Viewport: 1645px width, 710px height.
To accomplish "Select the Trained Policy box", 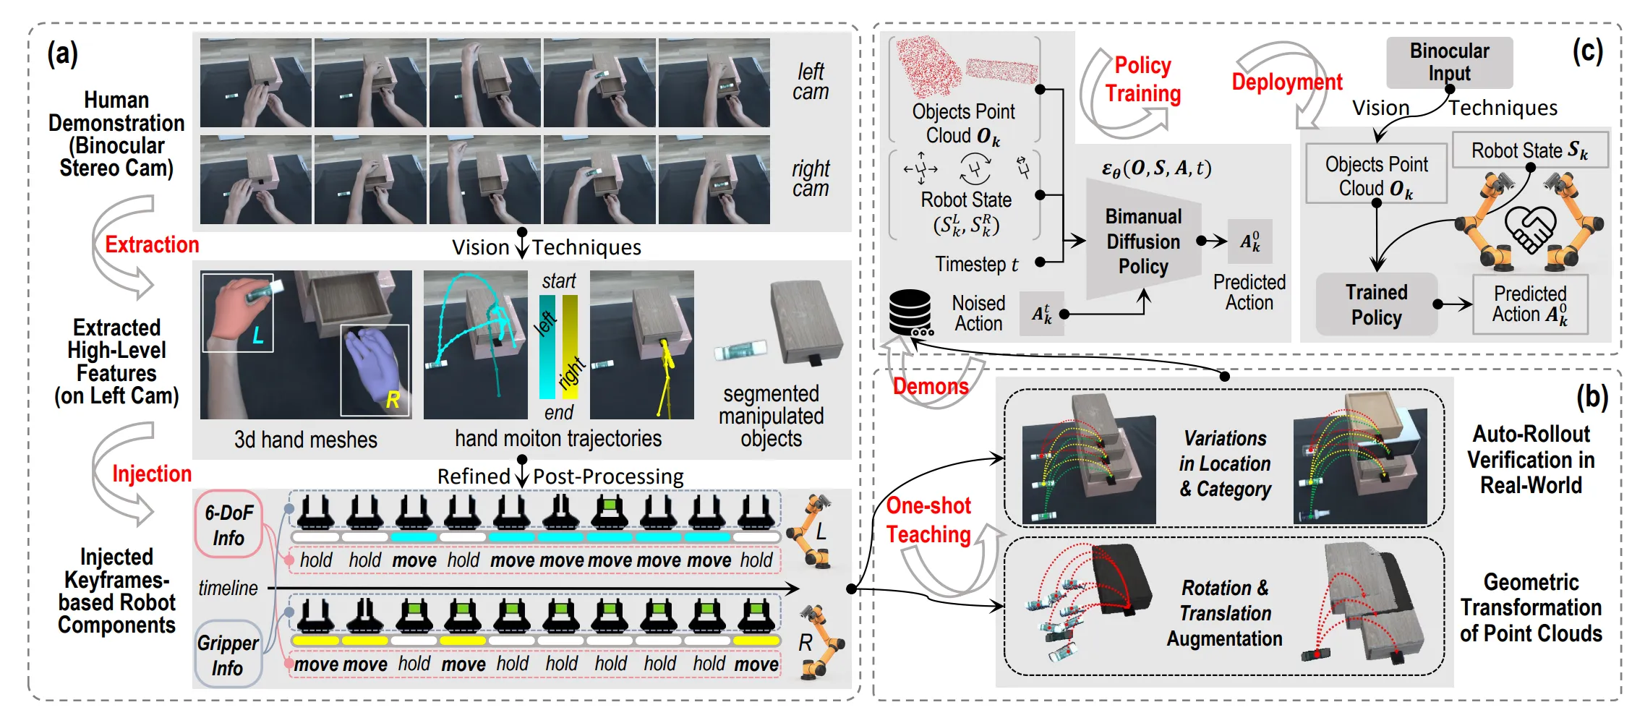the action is point(1376,304).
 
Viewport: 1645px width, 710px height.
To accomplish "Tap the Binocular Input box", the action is point(1449,62).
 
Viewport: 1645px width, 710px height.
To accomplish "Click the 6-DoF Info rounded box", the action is point(228,525).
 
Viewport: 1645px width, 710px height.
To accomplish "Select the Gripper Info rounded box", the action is point(228,654).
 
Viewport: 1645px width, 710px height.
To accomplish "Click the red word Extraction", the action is point(152,244).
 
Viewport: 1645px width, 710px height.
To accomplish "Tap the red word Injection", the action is point(152,474).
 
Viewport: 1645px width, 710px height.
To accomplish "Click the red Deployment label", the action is point(1287,82).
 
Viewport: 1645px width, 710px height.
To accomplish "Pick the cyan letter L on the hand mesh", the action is point(257,335).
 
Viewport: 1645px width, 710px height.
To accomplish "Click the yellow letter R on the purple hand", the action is point(393,399).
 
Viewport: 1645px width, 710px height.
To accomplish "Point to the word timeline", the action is point(228,588).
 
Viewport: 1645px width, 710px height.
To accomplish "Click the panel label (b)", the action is point(1592,396).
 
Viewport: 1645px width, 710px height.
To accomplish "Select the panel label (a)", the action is point(62,54).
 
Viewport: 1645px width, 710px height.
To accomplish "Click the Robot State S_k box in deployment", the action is point(1530,150).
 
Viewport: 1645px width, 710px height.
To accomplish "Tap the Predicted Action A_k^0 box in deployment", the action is point(1530,304).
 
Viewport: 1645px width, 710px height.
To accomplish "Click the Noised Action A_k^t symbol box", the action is point(1041,314).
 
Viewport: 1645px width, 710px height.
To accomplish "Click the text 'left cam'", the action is point(810,82).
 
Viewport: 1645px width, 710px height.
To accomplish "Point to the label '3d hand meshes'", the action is point(306,440).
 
